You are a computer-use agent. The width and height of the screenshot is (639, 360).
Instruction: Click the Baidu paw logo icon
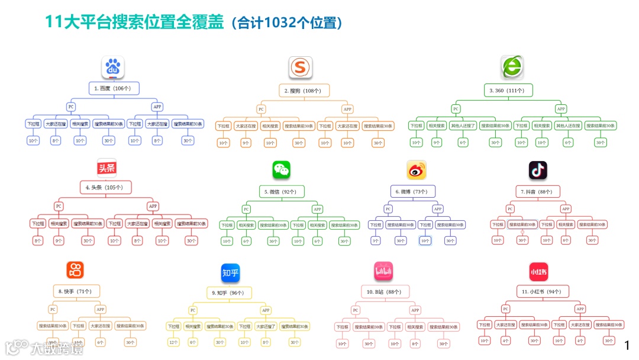pyautogui.click(x=112, y=68)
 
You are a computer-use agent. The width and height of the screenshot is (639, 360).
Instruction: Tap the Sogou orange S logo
pyautogui.click(x=301, y=68)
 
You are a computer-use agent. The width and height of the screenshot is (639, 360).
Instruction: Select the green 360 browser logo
pyautogui.click(x=512, y=67)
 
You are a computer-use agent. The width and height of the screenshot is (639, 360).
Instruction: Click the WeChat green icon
pyautogui.click(x=282, y=170)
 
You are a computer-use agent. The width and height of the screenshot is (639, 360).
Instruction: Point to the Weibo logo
pyautogui.click(x=417, y=170)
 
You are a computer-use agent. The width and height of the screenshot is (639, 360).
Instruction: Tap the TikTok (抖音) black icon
pyautogui.click(x=538, y=170)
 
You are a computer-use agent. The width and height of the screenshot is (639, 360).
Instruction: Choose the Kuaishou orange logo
pyautogui.click(x=75, y=270)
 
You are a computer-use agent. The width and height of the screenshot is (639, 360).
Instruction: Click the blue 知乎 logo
pyautogui.click(x=230, y=273)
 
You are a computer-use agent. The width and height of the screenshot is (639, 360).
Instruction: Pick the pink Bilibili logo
pyautogui.click(x=384, y=272)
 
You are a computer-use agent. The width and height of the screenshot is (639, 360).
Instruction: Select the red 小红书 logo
pyautogui.click(x=538, y=272)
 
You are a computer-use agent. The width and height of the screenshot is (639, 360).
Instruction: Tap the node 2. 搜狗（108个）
pyautogui.click(x=304, y=91)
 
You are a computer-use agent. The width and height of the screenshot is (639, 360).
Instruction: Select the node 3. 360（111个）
pyautogui.click(x=507, y=90)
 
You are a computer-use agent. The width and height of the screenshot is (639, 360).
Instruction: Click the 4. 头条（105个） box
pyautogui.click(x=105, y=187)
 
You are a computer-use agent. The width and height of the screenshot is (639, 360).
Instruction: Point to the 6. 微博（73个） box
pyautogui.click(x=412, y=191)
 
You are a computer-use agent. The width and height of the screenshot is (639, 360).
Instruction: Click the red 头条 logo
pyautogui.click(x=107, y=168)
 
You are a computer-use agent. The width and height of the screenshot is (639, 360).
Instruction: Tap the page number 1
pyautogui.click(x=628, y=345)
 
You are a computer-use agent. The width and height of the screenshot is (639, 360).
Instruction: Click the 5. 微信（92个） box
pyautogui.click(x=281, y=191)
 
